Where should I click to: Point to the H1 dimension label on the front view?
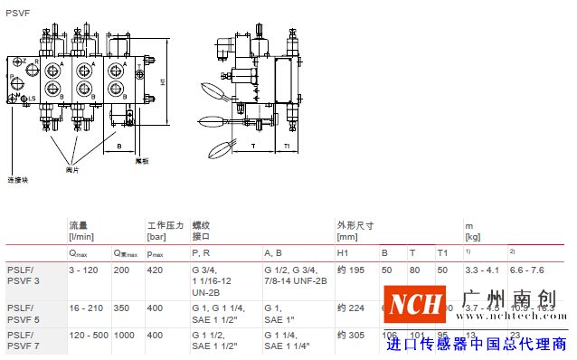pos(163,81)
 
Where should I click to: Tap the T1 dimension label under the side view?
pos(287,145)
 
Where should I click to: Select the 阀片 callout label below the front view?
pos(73,169)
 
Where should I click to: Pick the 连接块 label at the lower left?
pos(18,179)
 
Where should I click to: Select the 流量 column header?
pos(79,224)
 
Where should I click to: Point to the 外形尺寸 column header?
pos(355,224)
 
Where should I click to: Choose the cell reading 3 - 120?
pos(83,270)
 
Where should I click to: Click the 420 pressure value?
pos(155,270)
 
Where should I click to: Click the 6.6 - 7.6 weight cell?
pos(527,270)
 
